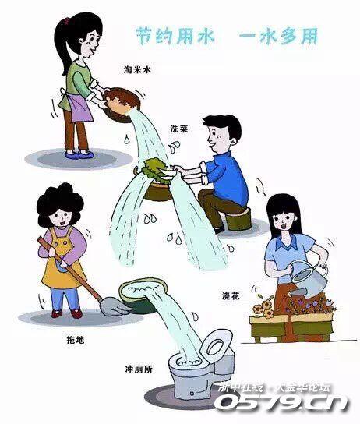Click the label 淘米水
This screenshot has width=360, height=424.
coord(137,70)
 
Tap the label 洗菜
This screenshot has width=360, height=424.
coord(178,129)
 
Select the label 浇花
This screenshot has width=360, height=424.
coord(231,296)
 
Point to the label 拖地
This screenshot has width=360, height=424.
coord(76,340)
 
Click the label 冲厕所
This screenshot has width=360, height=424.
coord(139,369)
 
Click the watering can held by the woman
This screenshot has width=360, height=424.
coord(308,278)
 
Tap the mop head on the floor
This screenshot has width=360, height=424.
coord(115,306)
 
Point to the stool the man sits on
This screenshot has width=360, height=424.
coord(238,218)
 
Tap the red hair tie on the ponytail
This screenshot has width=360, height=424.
coord(67,20)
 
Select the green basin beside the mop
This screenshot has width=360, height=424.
coord(143,295)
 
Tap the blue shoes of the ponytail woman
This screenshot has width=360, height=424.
coord(79,154)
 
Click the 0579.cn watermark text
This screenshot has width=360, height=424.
coord(283,401)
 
